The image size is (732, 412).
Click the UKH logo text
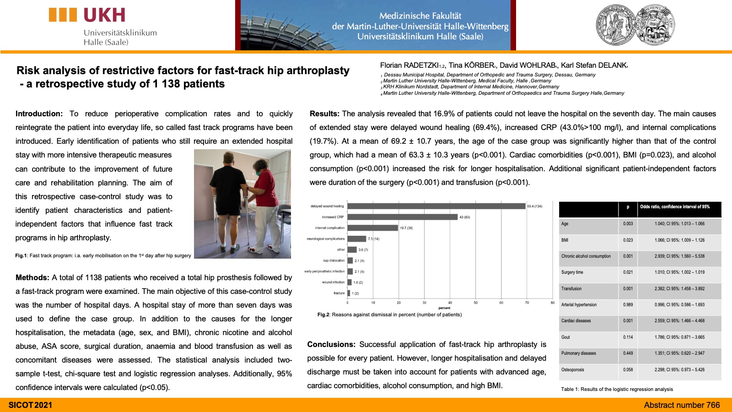(104, 16)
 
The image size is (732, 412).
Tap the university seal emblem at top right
(635, 25)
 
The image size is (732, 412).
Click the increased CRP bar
(402, 217)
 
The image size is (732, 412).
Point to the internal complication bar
(372, 228)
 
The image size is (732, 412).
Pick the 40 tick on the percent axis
(450, 303)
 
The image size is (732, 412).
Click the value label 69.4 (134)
(534, 206)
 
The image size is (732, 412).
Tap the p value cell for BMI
(628, 240)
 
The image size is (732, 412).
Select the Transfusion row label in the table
(571, 289)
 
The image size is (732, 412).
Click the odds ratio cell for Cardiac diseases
(679, 321)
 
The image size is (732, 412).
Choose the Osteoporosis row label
(572, 369)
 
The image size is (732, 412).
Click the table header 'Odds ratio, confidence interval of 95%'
(675, 207)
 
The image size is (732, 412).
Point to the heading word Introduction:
(39, 114)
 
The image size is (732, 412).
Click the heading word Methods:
(32, 277)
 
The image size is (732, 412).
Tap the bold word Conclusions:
(331, 344)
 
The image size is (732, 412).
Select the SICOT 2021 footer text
(30, 405)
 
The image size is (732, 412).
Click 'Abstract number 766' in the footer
(682, 405)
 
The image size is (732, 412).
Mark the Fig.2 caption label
(323, 315)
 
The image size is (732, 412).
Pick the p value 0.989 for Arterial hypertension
(628, 305)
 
